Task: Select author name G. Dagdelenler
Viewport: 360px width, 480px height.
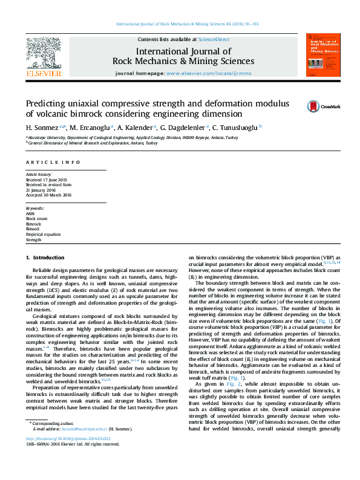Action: tap(184, 128)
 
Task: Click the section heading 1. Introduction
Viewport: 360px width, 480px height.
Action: tap(48, 258)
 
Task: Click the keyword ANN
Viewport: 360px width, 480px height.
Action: tap(30, 214)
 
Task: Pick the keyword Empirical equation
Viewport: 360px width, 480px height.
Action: tap(43, 234)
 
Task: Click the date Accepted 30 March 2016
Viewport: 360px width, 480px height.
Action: tap(48, 194)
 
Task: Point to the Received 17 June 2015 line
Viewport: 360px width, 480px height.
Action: tap(46, 180)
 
